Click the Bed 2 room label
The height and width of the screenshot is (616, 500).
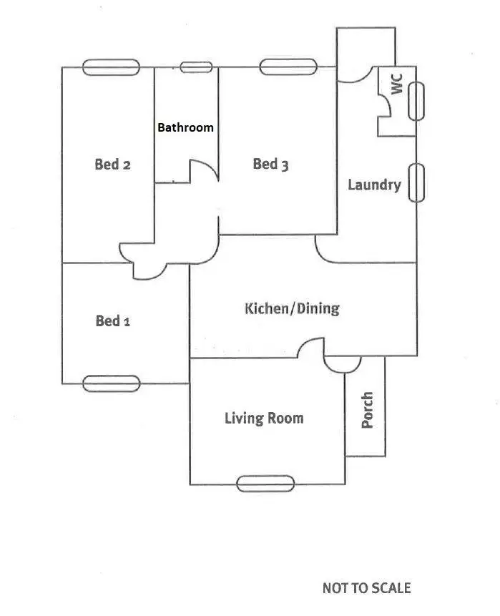[112, 165]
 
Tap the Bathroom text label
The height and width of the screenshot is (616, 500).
[185, 127]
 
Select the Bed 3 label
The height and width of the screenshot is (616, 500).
[270, 165]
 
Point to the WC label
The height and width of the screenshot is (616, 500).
[397, 82]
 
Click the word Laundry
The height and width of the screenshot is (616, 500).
[374, 185]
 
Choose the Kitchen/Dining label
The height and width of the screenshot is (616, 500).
[292, 309]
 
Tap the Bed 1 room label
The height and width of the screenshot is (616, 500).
[112, 321]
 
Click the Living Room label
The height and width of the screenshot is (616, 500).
[264, 418]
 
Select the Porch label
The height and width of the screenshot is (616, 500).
[367, 409]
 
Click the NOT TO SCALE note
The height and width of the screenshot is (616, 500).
[366, 587]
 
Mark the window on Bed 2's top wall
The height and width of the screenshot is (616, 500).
[111, 67]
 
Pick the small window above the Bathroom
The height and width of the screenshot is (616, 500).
[196, 67]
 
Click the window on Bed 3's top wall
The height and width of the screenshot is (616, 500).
[288, 67]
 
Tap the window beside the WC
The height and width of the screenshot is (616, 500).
[416, 101]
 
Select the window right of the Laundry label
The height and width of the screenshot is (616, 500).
[416, 182]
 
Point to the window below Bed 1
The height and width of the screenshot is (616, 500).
[111, 383]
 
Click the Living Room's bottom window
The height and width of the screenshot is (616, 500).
[265, 484]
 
